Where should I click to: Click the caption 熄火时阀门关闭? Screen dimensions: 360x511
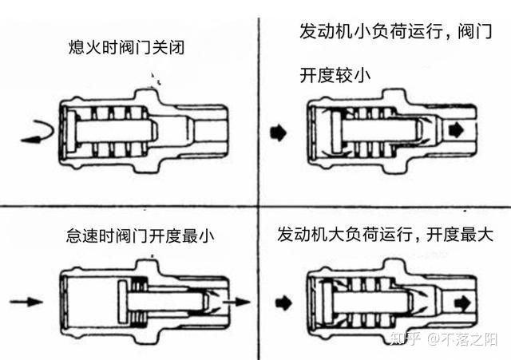pos(127,47)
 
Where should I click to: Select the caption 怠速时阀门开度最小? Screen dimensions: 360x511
pos(141,237)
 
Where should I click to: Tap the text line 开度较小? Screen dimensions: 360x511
pos(334,76)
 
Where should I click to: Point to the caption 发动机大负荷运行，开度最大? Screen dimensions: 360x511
pos(386,236)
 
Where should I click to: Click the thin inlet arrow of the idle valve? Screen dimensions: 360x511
pos(27,302)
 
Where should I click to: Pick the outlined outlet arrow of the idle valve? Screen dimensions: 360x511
pos(234,301)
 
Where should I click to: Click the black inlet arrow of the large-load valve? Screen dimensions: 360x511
pos(279,302)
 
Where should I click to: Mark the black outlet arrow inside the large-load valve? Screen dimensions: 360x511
pos(459,302)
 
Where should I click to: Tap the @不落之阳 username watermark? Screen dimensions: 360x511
pos(463,339)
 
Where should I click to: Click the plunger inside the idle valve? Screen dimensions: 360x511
pos(160,301)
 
